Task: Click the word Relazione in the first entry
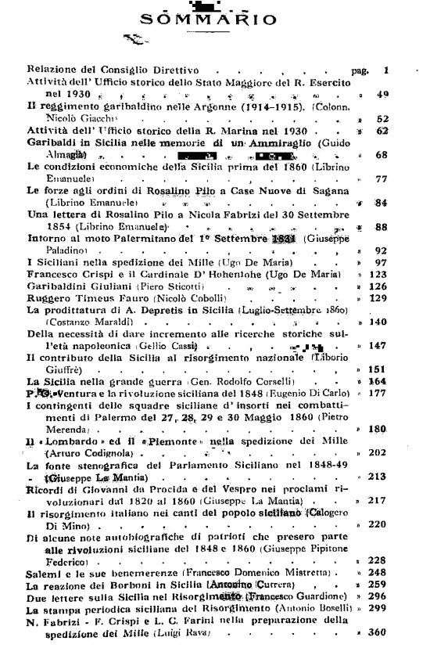coord(55,70)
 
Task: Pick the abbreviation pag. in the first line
coord(360,70)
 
